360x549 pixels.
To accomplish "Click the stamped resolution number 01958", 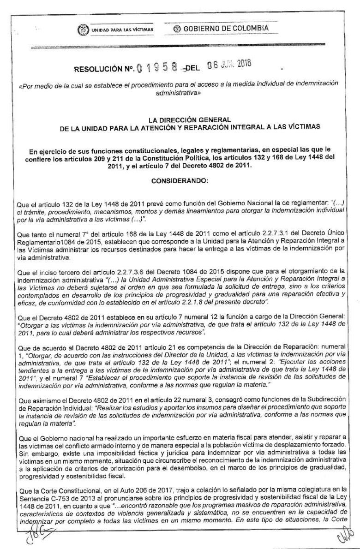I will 157,68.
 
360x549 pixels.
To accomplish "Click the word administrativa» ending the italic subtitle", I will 180,92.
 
